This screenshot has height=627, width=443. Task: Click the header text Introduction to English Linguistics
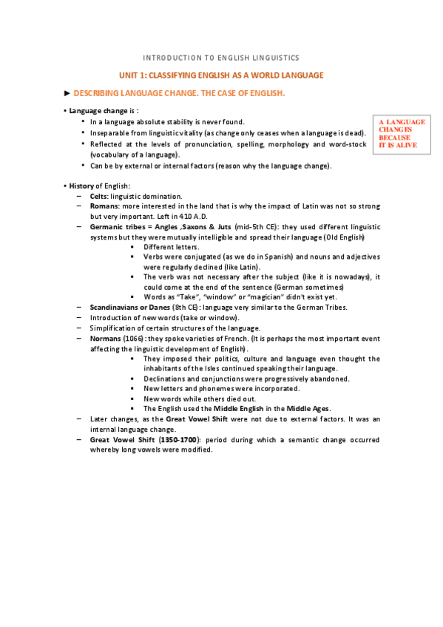221,57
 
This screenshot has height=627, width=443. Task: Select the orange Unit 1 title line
221,75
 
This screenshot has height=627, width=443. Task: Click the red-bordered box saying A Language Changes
402,133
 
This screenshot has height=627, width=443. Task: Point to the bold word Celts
98,196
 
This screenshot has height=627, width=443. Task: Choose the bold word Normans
106,338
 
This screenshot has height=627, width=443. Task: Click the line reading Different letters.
172,246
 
